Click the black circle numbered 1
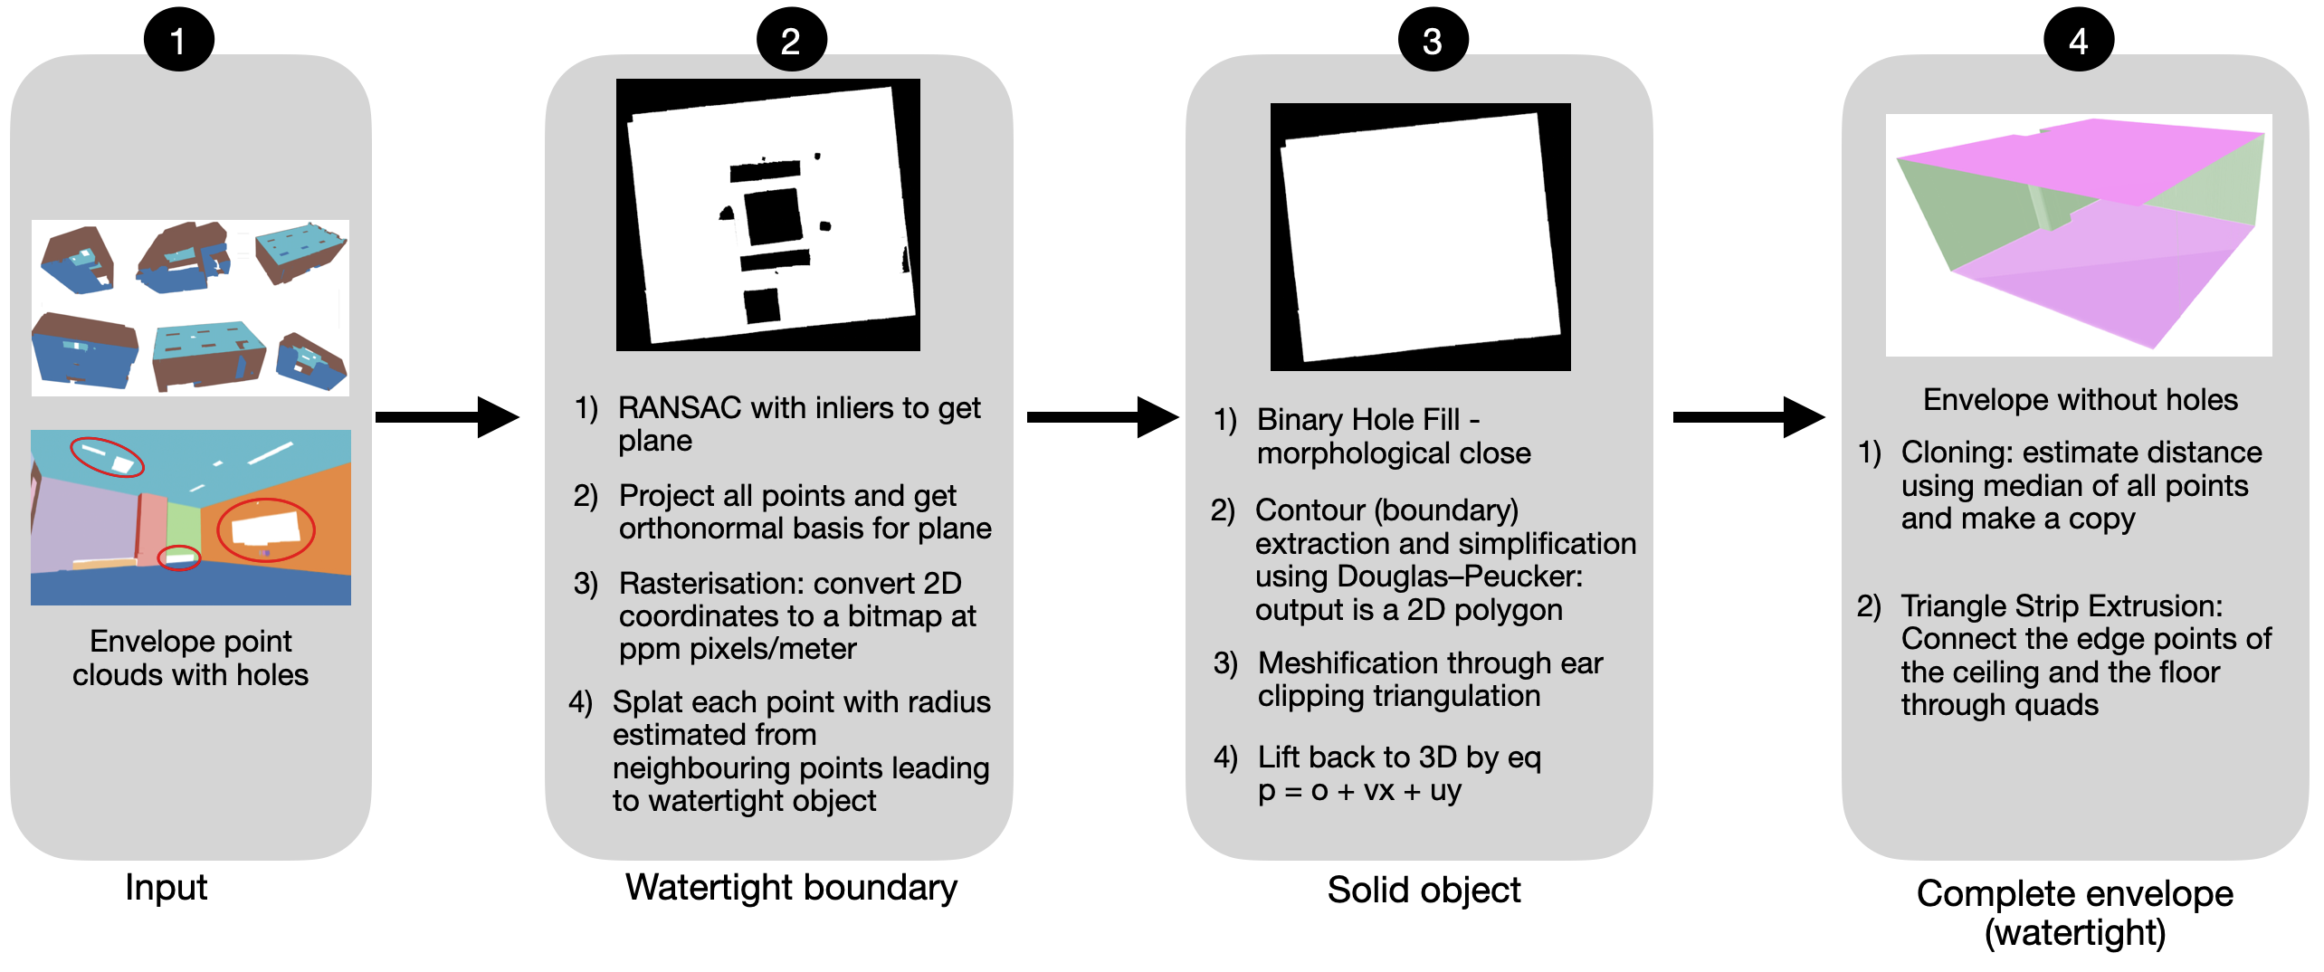tap(179, 41)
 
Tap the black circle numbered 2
tap(792, 41)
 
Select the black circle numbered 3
tap(1433, 41)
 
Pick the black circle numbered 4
tap(2079, 41)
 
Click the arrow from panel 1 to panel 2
tap(447, 416)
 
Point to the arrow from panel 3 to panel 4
tap(1748, 416)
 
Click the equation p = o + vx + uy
tap(1359, 791)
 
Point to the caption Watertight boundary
tap(791, 888)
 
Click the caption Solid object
tap(1424, 891)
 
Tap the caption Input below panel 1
tap(167, 888)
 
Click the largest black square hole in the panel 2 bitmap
tap(773, 216)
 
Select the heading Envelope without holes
tap(2080, 399)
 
